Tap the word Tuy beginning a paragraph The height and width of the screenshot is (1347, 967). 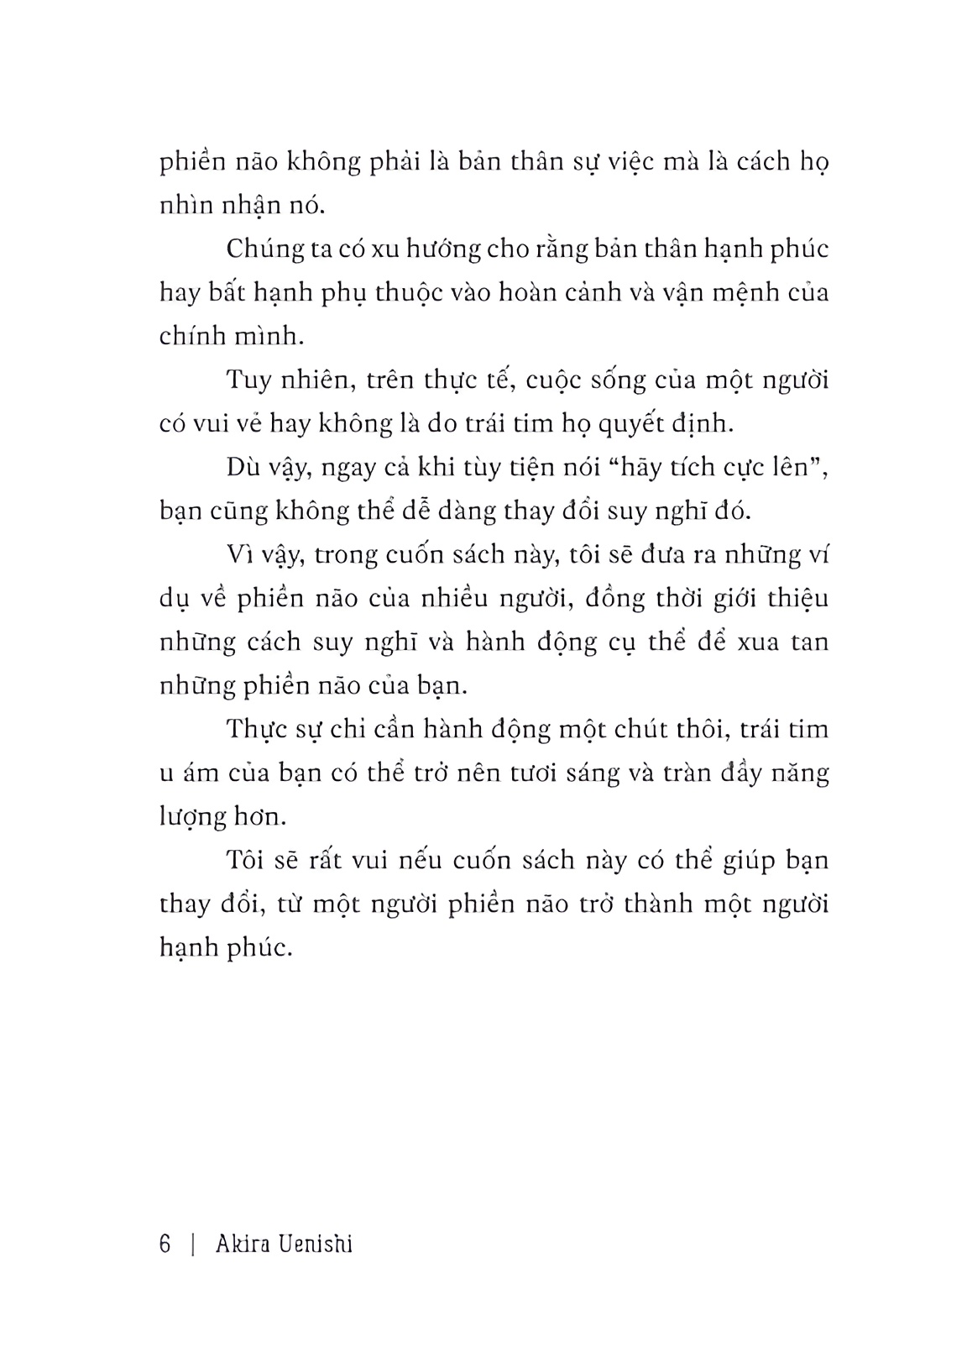[x=249, y=380]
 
